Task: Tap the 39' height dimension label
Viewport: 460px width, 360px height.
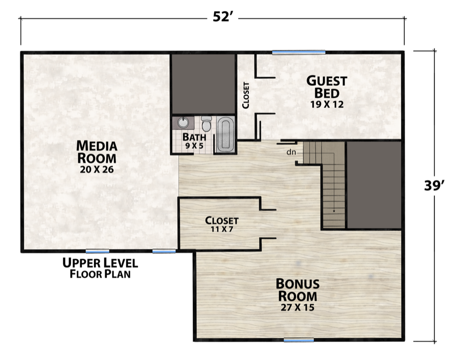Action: (435, 185)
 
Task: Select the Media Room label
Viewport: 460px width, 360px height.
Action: (97, 151)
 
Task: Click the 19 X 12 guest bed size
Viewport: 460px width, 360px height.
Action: (327, 104)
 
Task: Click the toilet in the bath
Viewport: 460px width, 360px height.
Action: (206, 123)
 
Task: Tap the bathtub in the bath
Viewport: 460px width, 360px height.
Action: (225, 134)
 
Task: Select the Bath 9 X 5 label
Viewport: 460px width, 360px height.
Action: (194, 141)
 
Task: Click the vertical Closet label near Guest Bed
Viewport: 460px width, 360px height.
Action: (246, 95)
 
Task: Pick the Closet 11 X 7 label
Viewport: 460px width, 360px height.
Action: (222, 224)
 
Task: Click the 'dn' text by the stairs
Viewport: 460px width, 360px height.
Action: (291, 151)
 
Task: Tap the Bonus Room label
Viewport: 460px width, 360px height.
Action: (298, 290)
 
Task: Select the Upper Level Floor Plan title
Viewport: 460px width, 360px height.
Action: (100, 268)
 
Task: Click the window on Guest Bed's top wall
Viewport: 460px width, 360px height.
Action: (298, 52)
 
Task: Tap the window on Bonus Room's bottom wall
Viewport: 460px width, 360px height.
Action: (299, 340)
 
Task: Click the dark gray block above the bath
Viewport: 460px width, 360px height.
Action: (202, 82)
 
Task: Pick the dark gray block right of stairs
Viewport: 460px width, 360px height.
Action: (374, 185)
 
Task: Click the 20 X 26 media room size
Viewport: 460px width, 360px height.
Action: (97, 169)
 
